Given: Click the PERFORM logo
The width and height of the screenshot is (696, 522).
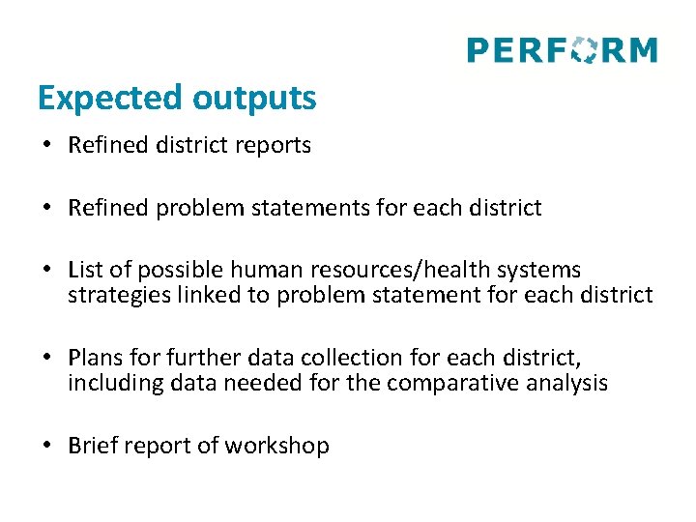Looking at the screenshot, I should [562, 49].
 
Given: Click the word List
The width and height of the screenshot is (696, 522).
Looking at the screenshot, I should [85, 270].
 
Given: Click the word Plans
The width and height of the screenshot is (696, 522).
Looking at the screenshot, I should [94, 358].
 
